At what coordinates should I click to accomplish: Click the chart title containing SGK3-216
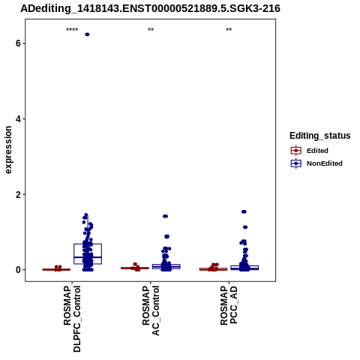click(x=150, y=8)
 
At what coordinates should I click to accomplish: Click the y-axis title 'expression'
click(x=8, y=150)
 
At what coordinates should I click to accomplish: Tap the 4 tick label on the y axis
click(x=18, y=118)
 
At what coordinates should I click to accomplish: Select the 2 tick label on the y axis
click(x=18, y=194)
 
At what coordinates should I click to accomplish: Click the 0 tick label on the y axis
click(x=18, y=270)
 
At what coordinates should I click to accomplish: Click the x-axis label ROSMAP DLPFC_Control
click(x=72, y=319)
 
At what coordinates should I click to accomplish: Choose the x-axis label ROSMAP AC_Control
click(x=151, y=310)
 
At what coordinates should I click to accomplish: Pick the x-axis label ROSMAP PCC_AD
click(x=229, y=305)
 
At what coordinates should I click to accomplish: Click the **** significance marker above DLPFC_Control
click(x=72, y=30)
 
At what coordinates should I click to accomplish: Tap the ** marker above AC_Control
click(x=151, y=30)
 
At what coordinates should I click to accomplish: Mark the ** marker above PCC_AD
click(x=229, y=30)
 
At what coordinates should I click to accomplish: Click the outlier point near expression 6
click(x=87, y=34)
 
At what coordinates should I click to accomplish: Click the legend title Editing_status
click(x=320, y=136)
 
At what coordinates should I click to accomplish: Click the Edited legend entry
click(x=310, y=151)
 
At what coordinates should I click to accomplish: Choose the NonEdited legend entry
click(x=316, y=163)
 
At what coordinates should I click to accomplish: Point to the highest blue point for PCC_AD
click(x=244, y=211)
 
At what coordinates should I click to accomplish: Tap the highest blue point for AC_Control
click(x=166, y=216)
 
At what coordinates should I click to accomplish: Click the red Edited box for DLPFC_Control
click(x=56, y=269)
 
